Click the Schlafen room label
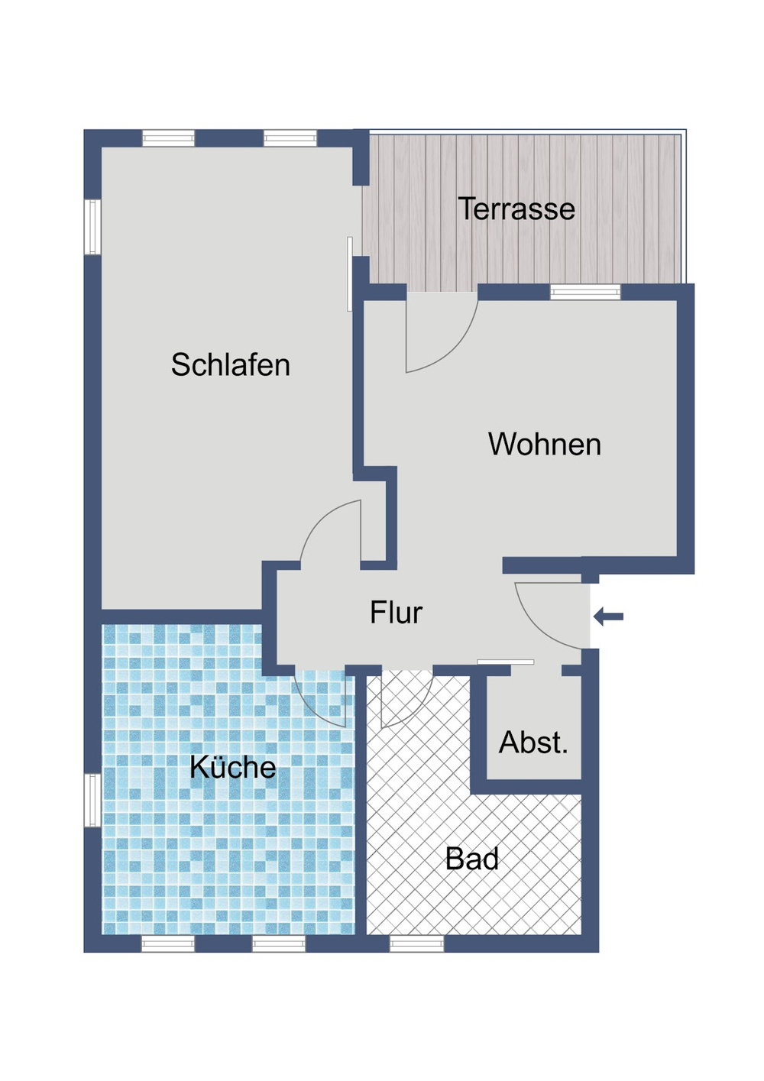pyautogui.click(x=230, y=365)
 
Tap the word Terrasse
pyautogui.click(x=516, y=209)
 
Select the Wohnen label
pyautogui.click(x=544, y=445)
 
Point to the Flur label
pyautogui.click(x=396, y=613)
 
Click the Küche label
pyautogui.click(x=232, y=767)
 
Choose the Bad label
pyautogui.click(x=472, y=859)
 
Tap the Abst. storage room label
pyautogui.click(x=533, y=743)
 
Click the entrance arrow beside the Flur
pyautogui.click(x=609, y=617)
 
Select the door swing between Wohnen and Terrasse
pyautogui.click(x=447, y=344)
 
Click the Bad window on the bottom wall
pyautogui.click(x=416, y=944)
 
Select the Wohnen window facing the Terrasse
pyautogui.click(x=585, y=292)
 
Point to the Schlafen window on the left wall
pyautogui.click(x=92, y=227)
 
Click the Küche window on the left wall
pyautogui.click(x=92, y=800)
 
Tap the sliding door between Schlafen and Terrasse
pyautogui.click(x=350, y=273)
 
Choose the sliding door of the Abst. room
pyautogui.click(x=505, y=662)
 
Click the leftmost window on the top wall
pyautogui.click(x=169, y=138)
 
